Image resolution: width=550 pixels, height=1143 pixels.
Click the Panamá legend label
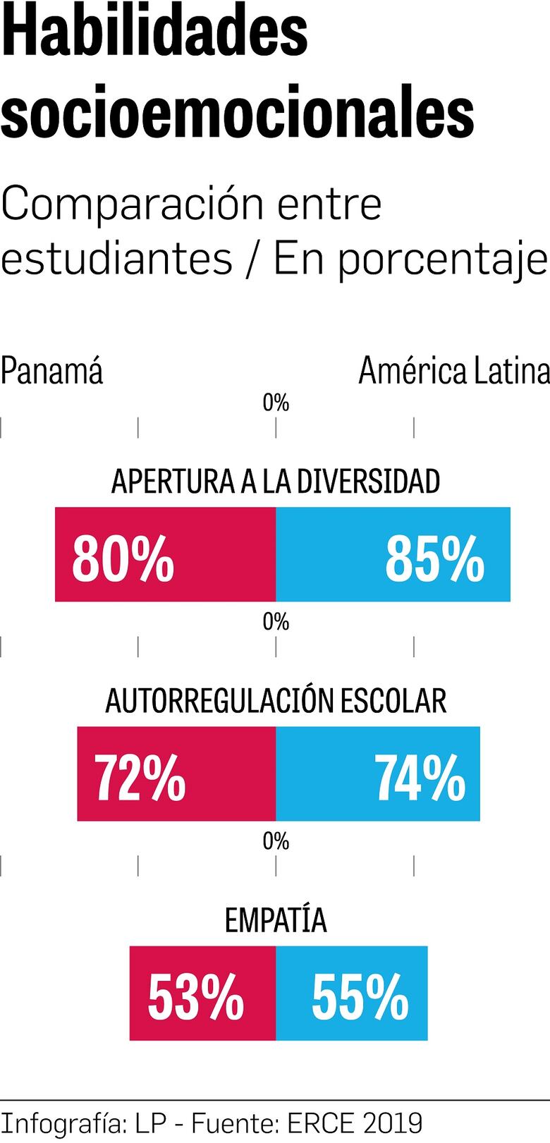pyautogui.click(x=51, y=371)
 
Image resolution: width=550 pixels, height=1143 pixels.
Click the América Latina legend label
pyautogui.click(x=453, y=371)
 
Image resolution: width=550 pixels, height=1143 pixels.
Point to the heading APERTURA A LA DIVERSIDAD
pyautogui.click(x=275, y=482)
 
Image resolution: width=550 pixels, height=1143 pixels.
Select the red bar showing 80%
pyautogui.click(x=165, y=554)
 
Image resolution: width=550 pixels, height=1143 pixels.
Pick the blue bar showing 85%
pyautogui.click(x=393, y=554)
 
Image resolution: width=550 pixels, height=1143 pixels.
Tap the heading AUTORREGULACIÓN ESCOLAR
pyautogui.click(x=275, y=701)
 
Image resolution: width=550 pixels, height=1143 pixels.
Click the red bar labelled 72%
pyautogui.click(x=176, y=774)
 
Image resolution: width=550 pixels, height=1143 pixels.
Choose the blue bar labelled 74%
pyautogui.click(x=377, y=774)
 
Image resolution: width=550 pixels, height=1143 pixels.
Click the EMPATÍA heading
pyautogui.click(x=275, y=920)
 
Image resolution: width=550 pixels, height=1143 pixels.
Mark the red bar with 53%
pyautogui.click(x=202, y=993)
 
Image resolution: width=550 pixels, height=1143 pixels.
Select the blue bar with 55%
pyautogui.click(x=351, y=993)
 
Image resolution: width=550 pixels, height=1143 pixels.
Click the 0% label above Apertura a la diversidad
pyautogui.click(x=276, y=403)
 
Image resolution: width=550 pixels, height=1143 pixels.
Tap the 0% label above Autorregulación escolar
pyautogui.click(x=276, y=622)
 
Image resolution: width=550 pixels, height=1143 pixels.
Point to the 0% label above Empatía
pyautogui.click(x=276, y=841)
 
